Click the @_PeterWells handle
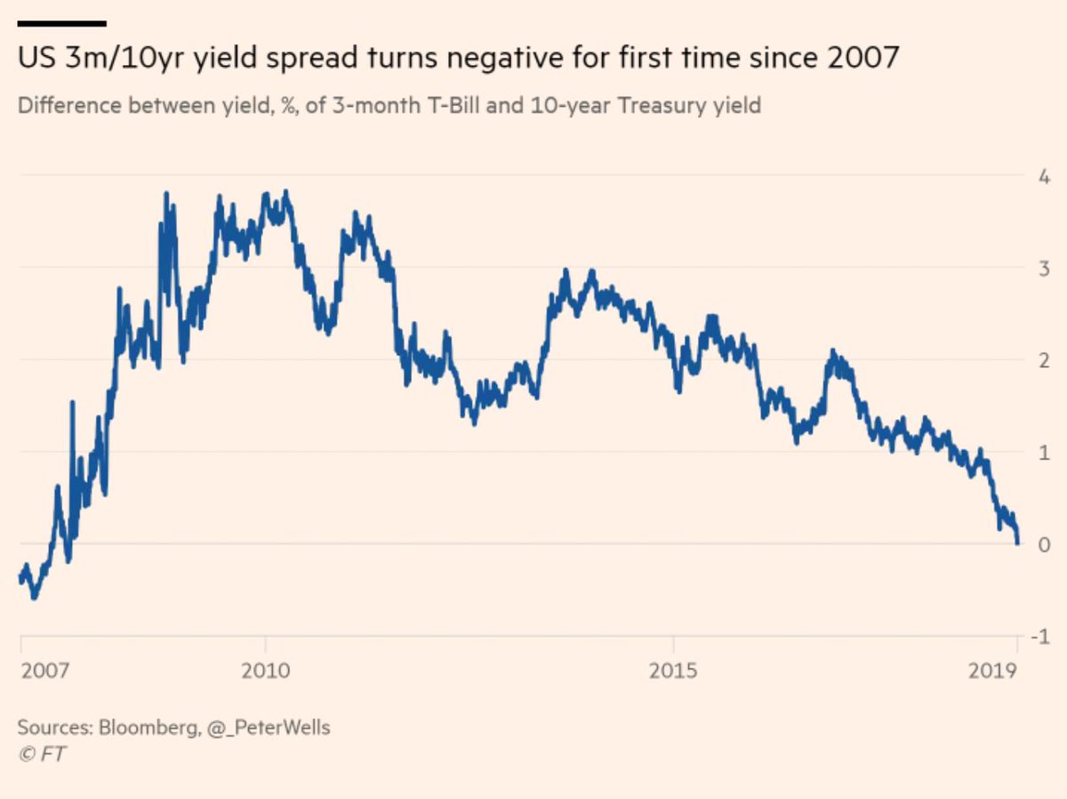pyautogui.click(x=269, y=727)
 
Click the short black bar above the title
pyautogui.click(x=61, y=23)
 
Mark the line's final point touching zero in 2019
pyautogui.click(x=1017, y=542)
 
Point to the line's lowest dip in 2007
pyautogui.click(x=34, y=597)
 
